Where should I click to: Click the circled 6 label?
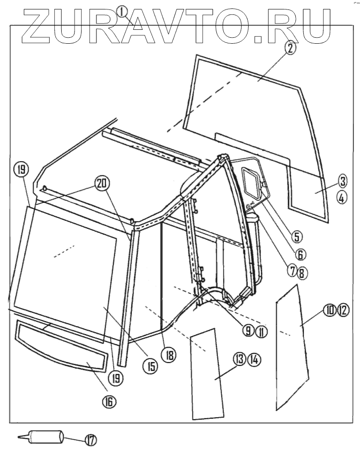click(300, 254)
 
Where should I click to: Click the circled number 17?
click(91, 439)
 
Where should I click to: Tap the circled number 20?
click(102, 183)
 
